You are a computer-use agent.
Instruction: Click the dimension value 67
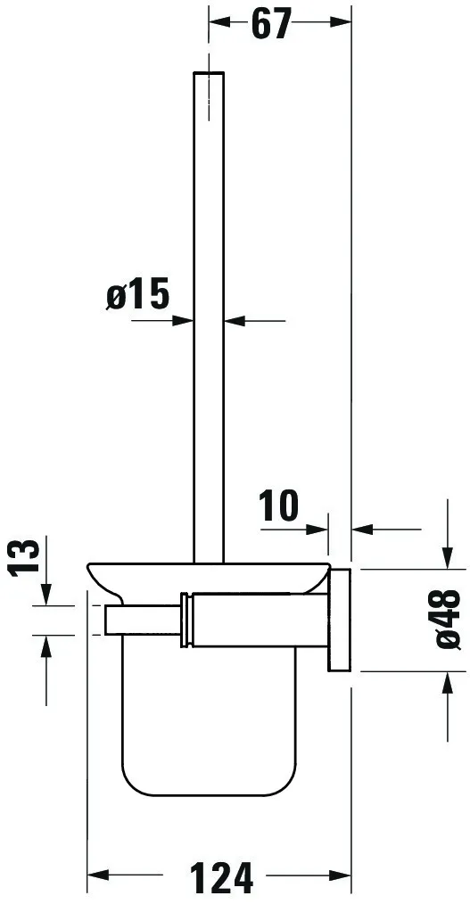point(271,25)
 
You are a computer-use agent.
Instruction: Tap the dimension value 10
point(279,506)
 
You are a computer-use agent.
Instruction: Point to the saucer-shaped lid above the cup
point(205,574)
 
